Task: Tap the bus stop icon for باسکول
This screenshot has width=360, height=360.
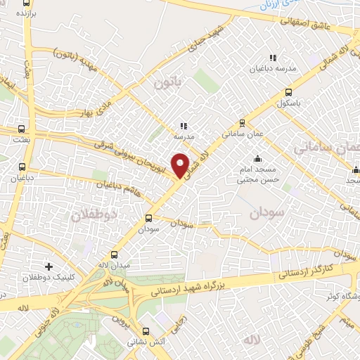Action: [288, 92]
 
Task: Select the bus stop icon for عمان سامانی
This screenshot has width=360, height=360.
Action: [242, 121]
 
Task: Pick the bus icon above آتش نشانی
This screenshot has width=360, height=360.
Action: [146, 331]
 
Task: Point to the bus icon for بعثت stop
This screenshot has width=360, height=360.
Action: [22, 129]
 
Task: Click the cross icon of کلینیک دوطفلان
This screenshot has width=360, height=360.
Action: [49, 266]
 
